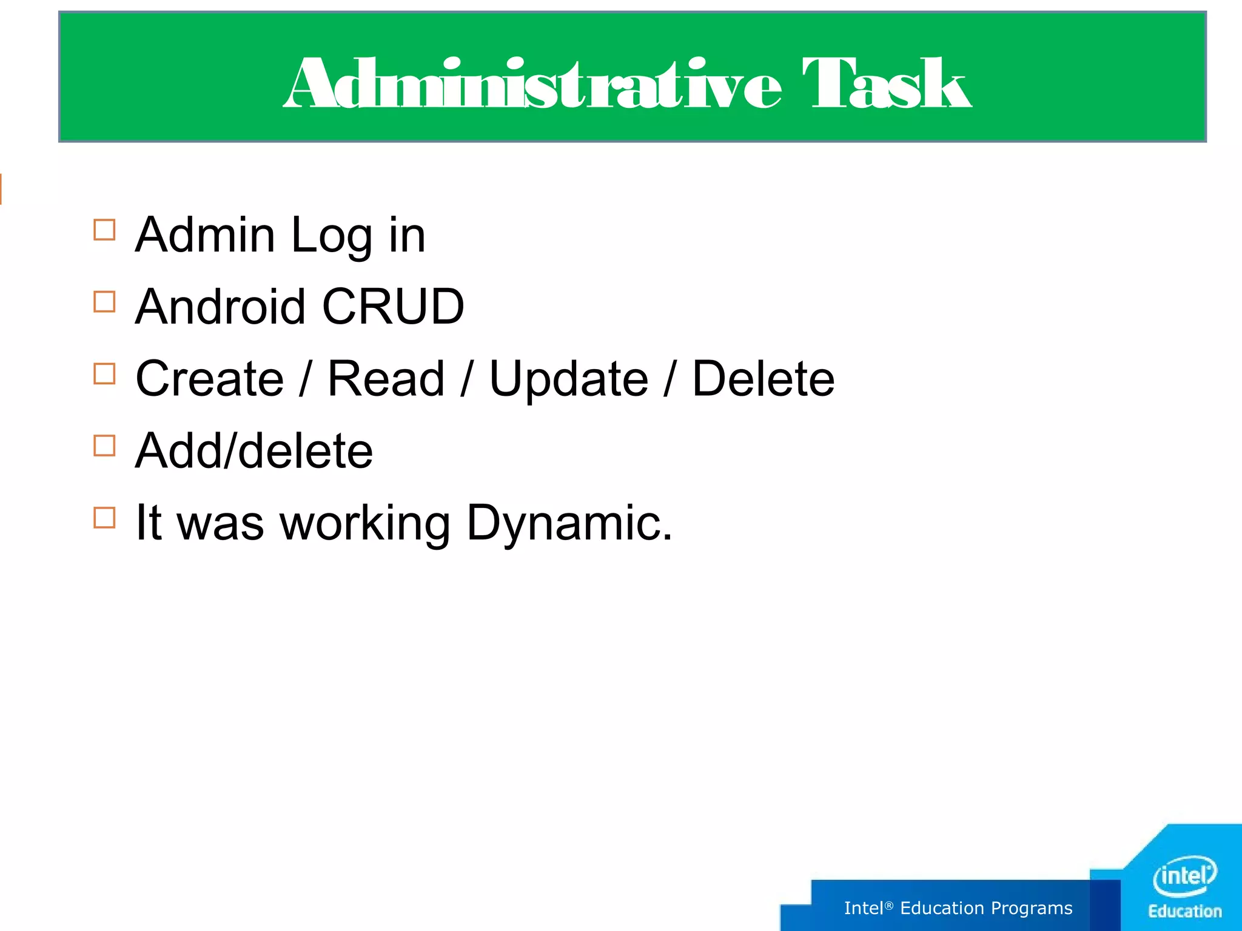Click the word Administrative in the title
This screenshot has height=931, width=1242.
(533, 84)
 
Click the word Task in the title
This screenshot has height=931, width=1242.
(887, 84)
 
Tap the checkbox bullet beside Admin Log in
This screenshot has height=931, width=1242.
(104, 230)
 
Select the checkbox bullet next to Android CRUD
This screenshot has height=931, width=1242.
(104, 302)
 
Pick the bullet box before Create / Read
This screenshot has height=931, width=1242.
(104, 374)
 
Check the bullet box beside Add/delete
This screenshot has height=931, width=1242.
(104, 445)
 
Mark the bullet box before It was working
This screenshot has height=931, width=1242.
(104, 518)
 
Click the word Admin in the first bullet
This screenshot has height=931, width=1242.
(205, 235)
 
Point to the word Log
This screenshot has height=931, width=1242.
(331, 236)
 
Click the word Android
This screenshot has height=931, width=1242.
(220, 307)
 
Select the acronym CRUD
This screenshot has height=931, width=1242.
(393, 307)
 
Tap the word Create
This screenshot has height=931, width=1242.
(210, 379)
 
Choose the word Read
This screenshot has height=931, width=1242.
(386, 379)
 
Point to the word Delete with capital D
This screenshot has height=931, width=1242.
(764, 379)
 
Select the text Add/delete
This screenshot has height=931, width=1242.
(254, 451)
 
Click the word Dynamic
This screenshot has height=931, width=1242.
(569, 524)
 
